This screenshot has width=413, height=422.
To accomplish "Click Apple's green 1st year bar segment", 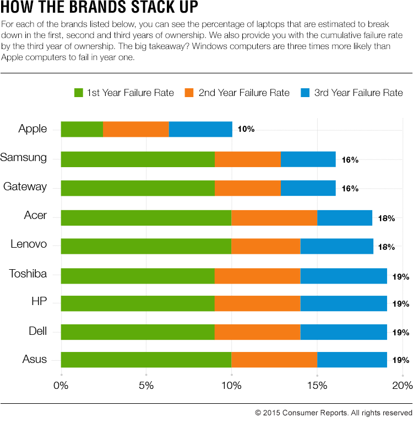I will coord(81,129).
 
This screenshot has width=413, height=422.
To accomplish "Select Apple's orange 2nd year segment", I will coord(136,129).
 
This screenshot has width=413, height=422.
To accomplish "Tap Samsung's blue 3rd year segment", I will coord(308,159).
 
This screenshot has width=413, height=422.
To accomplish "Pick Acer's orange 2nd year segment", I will coord(274,217).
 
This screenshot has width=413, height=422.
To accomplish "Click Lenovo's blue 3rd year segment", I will coord(336,246).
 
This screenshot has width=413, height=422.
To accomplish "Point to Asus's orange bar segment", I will coord(274,360).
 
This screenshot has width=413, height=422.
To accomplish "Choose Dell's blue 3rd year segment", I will coord(344,332).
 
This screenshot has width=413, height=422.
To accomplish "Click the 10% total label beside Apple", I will coord(246,129).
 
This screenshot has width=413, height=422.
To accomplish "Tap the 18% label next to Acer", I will coord(387,218).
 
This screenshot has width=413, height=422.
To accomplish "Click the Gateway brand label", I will coord(25,186).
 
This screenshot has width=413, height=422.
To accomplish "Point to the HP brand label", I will coord(40,301).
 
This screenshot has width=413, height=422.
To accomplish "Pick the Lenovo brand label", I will coord(29,244).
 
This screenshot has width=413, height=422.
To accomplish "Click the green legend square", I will coord(79,93).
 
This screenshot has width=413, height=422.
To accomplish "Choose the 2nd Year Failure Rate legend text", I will coord(244,93).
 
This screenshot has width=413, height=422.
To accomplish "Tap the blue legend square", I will coord(306,93).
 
